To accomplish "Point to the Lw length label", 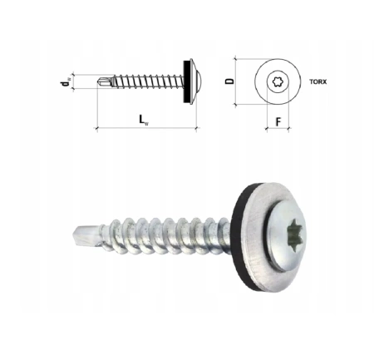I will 144,119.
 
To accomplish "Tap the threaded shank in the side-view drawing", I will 141,82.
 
